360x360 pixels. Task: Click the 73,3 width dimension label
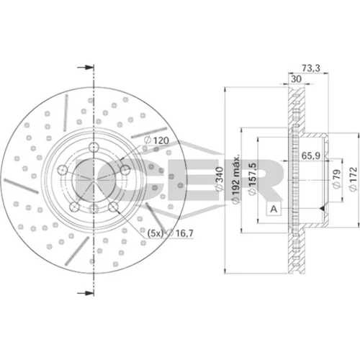[x=311, y=68]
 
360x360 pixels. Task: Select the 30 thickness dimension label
[x=296, y=78]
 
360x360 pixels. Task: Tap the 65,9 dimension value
[x=310, y=156]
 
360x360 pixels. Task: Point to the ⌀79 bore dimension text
[x=336, y=179]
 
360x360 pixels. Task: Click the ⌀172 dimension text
[x=354, y=179]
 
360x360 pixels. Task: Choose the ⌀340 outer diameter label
[x=220, y=179]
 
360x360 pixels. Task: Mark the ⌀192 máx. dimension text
[x=235, y=179]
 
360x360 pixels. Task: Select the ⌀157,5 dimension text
[x=252, y=179]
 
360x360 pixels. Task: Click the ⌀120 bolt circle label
[x=157, y=140]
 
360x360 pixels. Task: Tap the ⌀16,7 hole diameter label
[x=180, y=233]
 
